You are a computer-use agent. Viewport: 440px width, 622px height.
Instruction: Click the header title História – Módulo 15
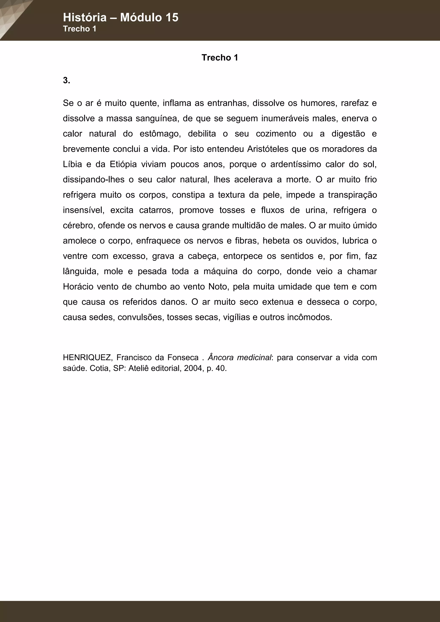[121, 17]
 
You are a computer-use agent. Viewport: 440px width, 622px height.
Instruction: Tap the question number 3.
[66, 81]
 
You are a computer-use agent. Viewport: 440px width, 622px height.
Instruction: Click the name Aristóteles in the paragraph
[268, 149]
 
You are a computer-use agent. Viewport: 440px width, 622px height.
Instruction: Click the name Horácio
[78, 287]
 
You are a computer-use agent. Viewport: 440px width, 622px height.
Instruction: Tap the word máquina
[221, 271]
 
